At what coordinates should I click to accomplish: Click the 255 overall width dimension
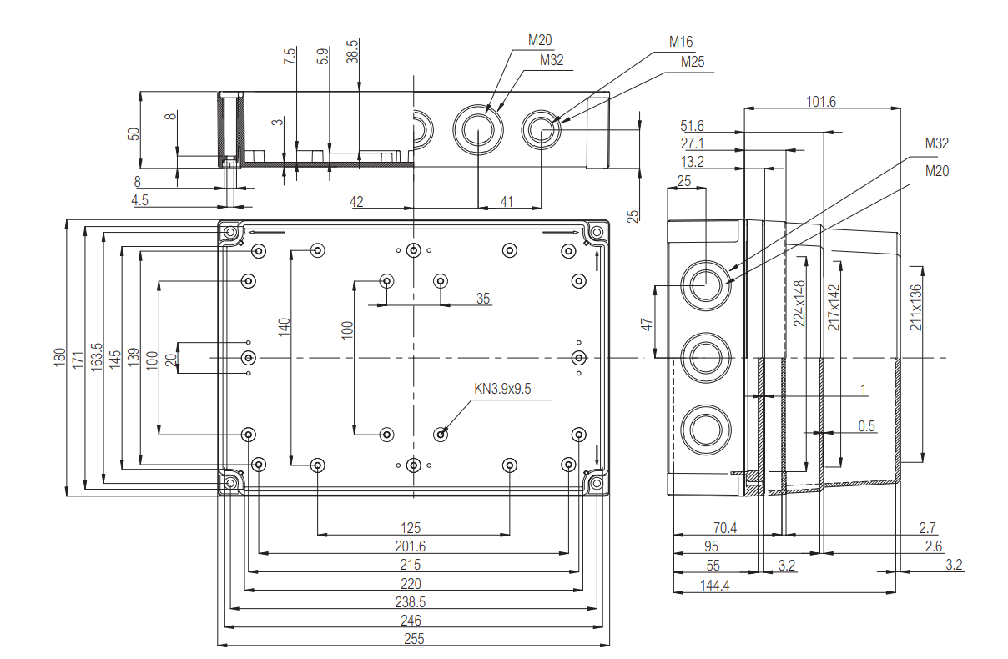[x=414, y=639]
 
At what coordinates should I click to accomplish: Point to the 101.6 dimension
[x=821, y=102]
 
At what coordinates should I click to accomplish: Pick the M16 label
[x=681, y=43]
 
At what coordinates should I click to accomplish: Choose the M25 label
[x=693, y=62]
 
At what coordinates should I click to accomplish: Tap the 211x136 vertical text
[x=915, y=307]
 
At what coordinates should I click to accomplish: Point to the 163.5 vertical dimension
[x=97, y=357]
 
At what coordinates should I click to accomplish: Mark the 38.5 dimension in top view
[x=353, y=52]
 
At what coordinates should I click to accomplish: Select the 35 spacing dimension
[x=483, y=299]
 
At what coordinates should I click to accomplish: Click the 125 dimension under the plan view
[x=411, y=528]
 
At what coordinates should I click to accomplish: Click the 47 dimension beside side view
[x=646, y=324]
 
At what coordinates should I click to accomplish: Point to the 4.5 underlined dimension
[x=140, y=199]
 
